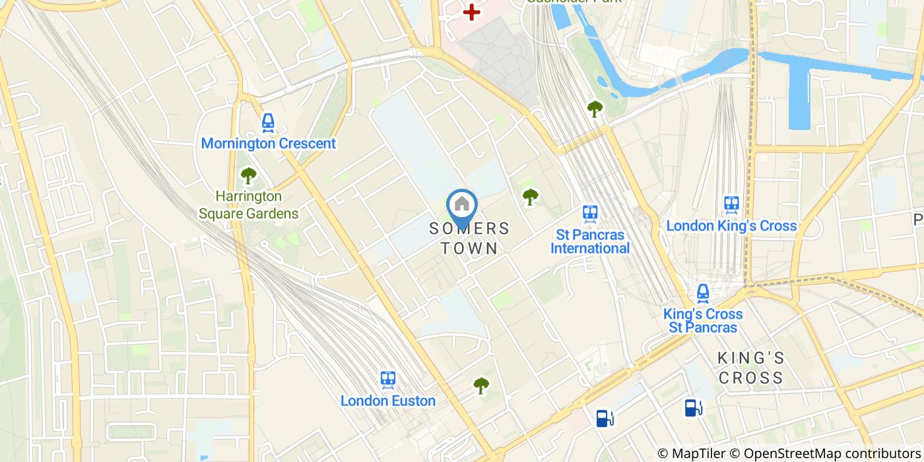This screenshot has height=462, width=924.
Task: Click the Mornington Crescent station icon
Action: (x=268, y=122)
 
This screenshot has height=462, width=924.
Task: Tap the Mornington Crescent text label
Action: (x=268, y=143)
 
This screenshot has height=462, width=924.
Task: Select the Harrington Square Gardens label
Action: (x=248, y=205)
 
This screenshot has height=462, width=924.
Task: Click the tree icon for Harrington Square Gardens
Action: (x=248, y=176)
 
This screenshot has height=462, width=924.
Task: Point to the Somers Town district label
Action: (x=469, y=238)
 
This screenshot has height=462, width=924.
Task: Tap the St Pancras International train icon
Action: (x=590, y=213)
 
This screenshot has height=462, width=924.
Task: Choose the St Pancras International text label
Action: (x=590, y=241)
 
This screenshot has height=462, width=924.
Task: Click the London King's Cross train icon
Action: (x=731, y=205)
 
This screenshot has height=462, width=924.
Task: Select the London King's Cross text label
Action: (x=731, y=226)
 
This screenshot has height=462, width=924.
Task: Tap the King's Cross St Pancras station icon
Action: (x=704, y=292)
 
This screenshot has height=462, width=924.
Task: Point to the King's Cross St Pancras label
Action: (x=703, y=321)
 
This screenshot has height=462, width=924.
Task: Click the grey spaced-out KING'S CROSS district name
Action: (x=751, y=368)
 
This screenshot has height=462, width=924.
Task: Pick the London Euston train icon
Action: (x=388, y=379)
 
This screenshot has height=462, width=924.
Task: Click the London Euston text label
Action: (x=388, y=401)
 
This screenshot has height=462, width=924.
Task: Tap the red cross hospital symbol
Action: (x=471, y=12)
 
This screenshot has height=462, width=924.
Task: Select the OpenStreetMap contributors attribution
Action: (x=824, y=453)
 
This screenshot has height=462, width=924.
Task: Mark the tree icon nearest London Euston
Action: (x=481, y=385)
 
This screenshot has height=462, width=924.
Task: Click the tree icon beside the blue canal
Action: (x=595, y=109)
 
